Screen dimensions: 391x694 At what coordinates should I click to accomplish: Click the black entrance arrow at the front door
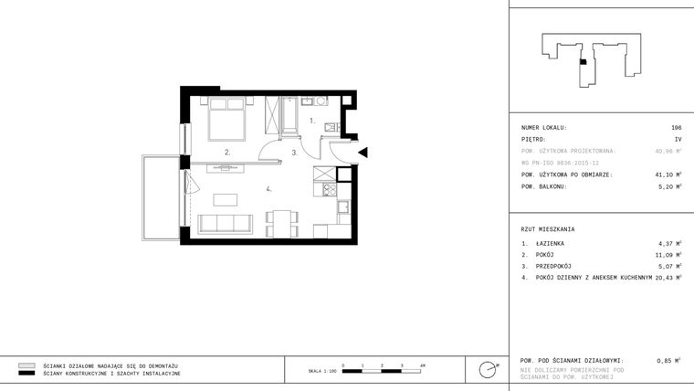(x=363, y=153)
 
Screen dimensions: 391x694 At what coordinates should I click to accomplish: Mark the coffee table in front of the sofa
(x=226, y=200)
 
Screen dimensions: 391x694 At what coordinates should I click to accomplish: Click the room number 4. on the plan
(x=268, y=189)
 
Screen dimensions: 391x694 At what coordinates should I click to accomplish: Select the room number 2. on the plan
(x=227, y=153)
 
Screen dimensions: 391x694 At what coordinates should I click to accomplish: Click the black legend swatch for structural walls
(x=26, y=374)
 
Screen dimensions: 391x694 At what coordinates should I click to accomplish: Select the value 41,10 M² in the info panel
(x=668, y=174)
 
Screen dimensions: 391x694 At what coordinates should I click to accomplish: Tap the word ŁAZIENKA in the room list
(x=550, y=243)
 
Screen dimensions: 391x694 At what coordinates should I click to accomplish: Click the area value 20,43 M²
(x=668, y=277)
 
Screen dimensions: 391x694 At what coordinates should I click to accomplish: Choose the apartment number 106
(x=676, y=128)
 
